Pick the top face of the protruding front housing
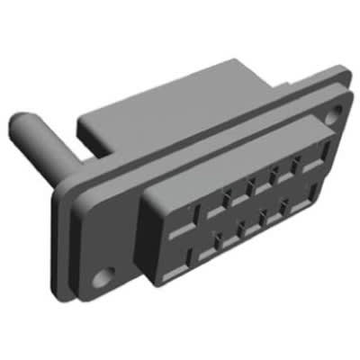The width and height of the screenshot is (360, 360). coord(225,148)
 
